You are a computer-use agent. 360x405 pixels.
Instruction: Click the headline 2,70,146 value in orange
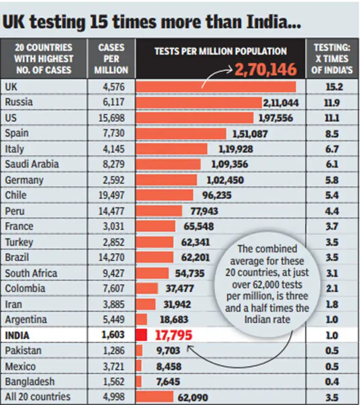coord(266,69)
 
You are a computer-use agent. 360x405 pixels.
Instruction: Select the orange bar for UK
coord(216,86)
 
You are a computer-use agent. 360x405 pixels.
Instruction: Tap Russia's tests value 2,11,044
coord(281,102)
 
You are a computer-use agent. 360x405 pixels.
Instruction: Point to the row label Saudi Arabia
coord(31,164)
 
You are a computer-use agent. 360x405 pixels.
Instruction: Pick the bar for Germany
coord(166,180)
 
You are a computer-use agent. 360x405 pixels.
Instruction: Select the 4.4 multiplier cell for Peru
coord(332,211)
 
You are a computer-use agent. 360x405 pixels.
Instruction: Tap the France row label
coord(19,227)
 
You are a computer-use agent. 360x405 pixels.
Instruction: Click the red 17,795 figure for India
coord(173,336)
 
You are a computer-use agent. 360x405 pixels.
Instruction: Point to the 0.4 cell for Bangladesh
coord(332,382)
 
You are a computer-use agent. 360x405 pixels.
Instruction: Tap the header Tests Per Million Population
coord(220,51)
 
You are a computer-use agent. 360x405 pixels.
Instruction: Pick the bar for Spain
coord(181,133)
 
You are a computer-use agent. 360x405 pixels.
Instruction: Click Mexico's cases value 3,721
coord(112,366)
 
